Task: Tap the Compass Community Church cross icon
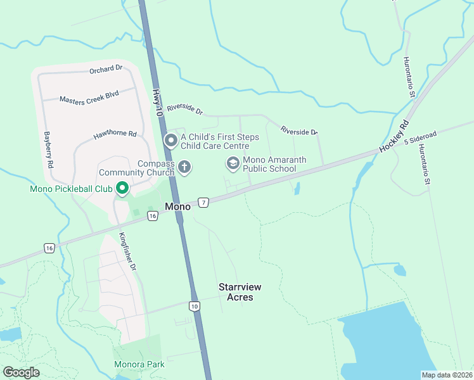(x=184, y=167)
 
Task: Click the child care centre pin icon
(x=170, y=141)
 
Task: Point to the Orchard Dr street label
(x=105, y=69)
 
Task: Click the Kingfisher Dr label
(x=127, y=252)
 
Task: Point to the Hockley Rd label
(x=395, y=136)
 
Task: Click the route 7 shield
(x=203, y=203)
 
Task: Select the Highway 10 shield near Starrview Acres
(x=194, y=307)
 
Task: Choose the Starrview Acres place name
(x=240, y=292)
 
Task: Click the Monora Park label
(x=139, y=364)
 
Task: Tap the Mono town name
(x=177, y=206)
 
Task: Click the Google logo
(x=22, y=372)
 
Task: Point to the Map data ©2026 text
(x=446, y=375)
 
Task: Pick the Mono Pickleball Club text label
(x=71, y=189)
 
